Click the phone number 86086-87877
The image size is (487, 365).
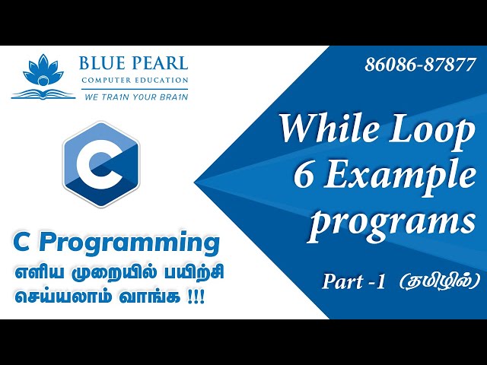coord(420,65)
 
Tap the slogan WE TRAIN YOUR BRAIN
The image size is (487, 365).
coord(134,97)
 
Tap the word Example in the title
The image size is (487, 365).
coord(400,178)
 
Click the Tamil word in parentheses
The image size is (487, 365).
coord(441,281)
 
